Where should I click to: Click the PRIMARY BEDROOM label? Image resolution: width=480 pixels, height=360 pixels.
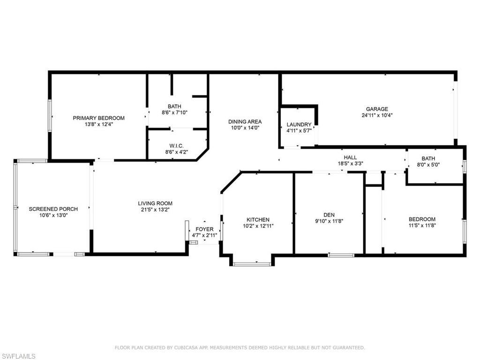coord(98,118)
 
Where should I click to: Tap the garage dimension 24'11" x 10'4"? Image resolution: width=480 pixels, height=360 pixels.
coord(377,115)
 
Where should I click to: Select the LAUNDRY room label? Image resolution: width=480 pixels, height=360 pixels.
coord(299,125)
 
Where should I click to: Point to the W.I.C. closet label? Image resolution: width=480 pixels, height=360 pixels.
coord(177,146)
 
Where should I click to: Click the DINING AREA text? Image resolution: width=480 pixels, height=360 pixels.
coord(245,121)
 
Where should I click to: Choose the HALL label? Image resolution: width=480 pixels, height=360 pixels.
coord(350,157)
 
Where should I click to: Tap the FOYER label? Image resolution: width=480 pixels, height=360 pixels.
coord(204,229)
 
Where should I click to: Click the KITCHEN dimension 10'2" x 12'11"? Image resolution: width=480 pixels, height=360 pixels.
coord(258,226)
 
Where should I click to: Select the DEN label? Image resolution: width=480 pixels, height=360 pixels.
coord(329,215)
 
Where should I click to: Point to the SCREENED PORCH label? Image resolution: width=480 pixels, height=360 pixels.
coord(53,209)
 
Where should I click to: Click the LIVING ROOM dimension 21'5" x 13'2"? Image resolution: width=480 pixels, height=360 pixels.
coord(155,210)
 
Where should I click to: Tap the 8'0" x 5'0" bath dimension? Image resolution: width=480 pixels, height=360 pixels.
coord(428,165)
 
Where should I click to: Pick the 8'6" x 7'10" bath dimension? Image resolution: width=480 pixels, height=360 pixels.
coord(174,112)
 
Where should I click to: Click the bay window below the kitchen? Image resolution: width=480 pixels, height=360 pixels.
coord(252,263)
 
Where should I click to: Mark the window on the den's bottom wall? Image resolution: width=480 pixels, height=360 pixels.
coord(341,255)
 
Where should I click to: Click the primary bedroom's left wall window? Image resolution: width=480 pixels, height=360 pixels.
coord(49,116)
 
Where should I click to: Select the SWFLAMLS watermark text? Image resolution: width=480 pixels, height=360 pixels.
coord(18,356)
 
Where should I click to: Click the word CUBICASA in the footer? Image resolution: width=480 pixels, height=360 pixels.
coord(185,348)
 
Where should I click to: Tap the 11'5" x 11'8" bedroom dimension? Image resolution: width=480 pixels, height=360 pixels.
coord(422,225)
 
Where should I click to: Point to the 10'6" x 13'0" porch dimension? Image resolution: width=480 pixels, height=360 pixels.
coord(53,215)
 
